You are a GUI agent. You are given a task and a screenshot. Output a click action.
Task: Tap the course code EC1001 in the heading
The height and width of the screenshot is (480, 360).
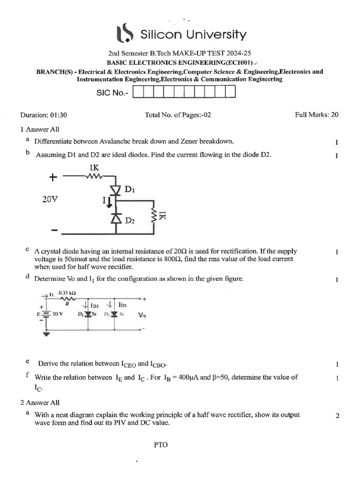pyautogui.click(x=240, y=62)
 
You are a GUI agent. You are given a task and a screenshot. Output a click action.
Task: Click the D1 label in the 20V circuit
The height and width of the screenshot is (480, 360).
pyautogui.click(x=130, y=190)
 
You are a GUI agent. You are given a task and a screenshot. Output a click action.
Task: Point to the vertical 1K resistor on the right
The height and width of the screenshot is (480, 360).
pyautogui.click(x=153, y=215)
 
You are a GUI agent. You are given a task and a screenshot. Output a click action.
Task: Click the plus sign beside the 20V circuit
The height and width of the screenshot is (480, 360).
pyautogui.click(x=53, y=177)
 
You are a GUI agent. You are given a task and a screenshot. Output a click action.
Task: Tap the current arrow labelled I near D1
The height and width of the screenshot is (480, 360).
pyautogui.click(x=107, y=202)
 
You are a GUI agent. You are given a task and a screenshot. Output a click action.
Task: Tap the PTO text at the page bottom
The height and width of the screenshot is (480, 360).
pyautogui.click(x=160, y=445)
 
